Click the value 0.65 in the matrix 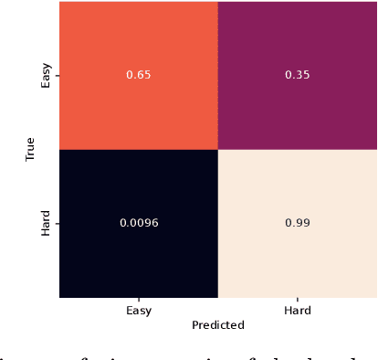click(139, 75)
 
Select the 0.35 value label click(298, 75)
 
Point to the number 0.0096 click(139, 223)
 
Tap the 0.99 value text click(298, 223)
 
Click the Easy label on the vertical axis click(46, 76)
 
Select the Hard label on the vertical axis click(46, 223)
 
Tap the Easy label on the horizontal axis click(139, 311)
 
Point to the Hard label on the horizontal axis click(298, 311)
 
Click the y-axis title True click(29, 149)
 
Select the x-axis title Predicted click(218, 324)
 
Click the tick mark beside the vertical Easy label click(57, 76)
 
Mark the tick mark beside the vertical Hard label click(57, 223)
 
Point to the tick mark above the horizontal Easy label click(139, 300)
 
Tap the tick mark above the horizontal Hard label click(298, 300)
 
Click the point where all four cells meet click(218, 149)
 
